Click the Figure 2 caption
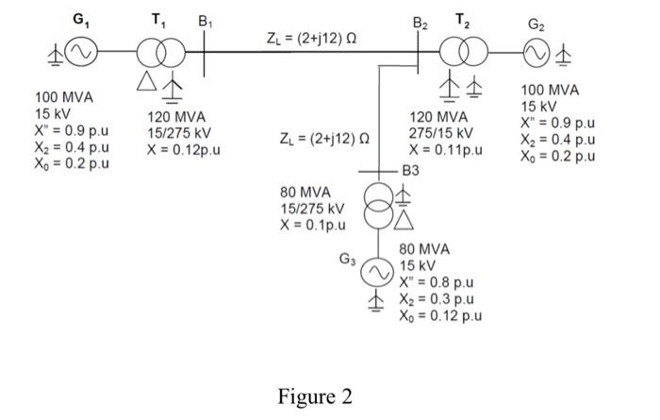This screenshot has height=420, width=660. pos(315,396)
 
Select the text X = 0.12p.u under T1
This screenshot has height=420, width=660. pos(184,150)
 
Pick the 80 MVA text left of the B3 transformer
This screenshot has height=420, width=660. pos(305,192)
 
